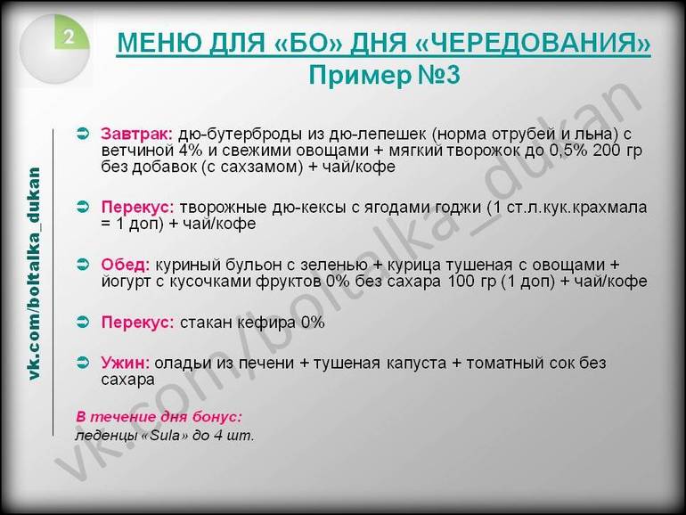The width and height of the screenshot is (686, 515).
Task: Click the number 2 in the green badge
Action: (x=69, y=37)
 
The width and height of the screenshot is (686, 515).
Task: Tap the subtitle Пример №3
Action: (x=384, y=75)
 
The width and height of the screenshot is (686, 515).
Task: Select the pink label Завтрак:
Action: (x=137, y=134)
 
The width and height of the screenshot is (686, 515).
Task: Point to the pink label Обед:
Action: (x=126, y=265)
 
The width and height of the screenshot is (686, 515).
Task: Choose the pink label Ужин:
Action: (x=125, y=363)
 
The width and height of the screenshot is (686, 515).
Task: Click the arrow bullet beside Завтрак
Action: (x=83, y=133)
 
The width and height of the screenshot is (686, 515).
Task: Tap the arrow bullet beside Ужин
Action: (x=83, y=363)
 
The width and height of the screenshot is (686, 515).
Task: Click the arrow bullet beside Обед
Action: (x=83, y=265)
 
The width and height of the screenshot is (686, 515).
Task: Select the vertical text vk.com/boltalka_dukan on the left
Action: (x=34, y=273)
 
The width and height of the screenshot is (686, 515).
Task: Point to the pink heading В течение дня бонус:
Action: (x=159, y=417)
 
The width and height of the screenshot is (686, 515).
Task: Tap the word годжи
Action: (x=456, y=208)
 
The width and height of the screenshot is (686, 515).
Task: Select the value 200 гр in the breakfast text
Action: (x=617, y=150)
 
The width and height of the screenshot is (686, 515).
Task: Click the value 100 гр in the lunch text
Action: (x=472, y=281)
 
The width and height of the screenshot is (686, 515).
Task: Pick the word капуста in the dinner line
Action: (x=416, y=364)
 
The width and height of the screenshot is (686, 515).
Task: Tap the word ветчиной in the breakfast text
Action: (x=138, y=150)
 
